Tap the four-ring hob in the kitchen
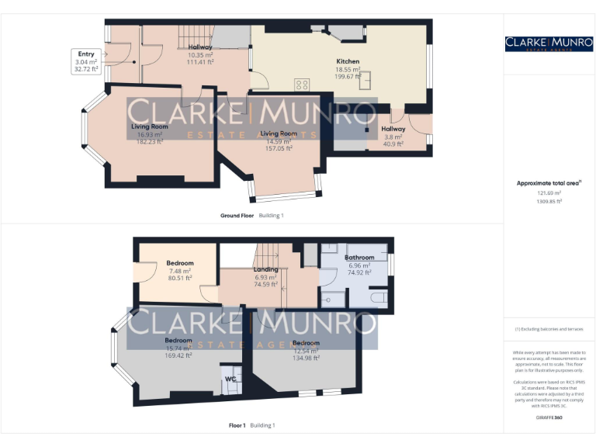(x=302, y=85)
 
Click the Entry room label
(x=86, y=54)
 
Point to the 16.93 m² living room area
(x=149, y=134)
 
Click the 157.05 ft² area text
(x=279, y=148)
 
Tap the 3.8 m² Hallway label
(x=393, y=129)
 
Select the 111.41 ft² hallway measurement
(x=200, y=62)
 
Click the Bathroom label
(x=359, y=258)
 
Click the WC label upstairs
(x=230, y=379)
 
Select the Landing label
(x=266, y=270)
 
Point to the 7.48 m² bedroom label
(x=179, y=264)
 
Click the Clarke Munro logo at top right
(x=548, y=43)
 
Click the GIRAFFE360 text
(x=548, y=418)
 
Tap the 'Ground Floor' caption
(x=237, y=215)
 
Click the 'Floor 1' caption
(x=237, y=425)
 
